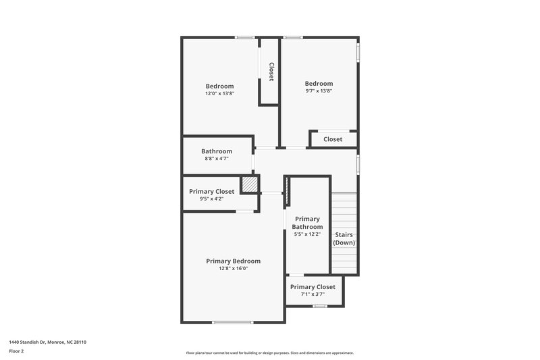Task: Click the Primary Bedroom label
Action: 233,261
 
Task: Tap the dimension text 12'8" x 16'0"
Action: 233,268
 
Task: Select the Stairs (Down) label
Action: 344,238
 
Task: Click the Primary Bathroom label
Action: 307,223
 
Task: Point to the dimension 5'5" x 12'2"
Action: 307,234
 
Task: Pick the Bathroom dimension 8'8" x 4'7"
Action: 217,159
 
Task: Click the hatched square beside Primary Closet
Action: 250,184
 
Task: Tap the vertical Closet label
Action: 271,72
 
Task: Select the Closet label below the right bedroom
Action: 333,139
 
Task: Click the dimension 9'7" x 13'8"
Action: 319,91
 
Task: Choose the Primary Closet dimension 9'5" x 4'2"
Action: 211,199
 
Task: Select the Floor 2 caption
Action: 16,351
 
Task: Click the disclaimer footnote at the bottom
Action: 269,353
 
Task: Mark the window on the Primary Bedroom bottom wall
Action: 232,322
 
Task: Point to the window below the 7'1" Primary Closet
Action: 320,306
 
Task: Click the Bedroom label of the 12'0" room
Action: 219,86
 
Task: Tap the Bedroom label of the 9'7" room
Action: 319,84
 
